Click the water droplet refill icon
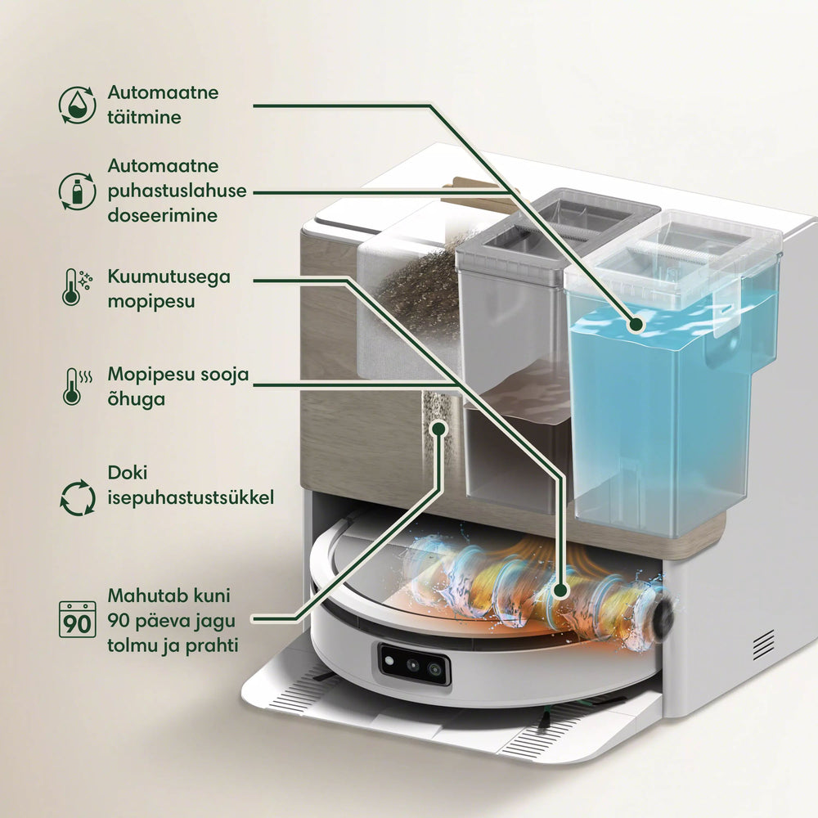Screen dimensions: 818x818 [x=77, y=105]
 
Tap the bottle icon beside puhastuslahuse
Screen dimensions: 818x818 [x=77, y=191]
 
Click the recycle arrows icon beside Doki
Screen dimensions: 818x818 [x=77, y=497]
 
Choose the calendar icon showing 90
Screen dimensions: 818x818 [x=77, y=619]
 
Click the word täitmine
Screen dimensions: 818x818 [x=145, y=117]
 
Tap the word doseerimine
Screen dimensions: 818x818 [x=162, y=215]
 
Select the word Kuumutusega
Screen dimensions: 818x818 [x=169, y=277]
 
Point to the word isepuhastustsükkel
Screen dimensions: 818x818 [x=191, y=497]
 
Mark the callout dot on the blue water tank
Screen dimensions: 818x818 [x=636, y=325]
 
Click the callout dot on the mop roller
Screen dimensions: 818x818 [x=560, y=591]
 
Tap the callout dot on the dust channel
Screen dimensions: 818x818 [x=439, y=429]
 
